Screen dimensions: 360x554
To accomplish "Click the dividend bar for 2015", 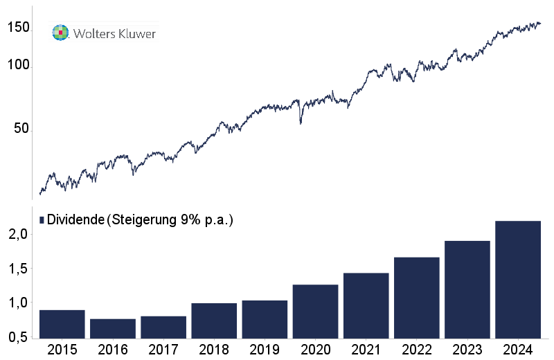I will click(62, 325).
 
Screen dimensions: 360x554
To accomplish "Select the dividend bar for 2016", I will click(112, 329).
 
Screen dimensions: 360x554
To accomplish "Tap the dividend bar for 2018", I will click(214, 321).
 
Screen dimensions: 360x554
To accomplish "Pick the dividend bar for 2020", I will click(315, 312).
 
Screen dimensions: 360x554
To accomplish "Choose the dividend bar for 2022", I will click(416, 298).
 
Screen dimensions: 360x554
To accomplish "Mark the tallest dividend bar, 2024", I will click(518, 280).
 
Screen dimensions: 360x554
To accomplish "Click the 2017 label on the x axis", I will click(163, 350).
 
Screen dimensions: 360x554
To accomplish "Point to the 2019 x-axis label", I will click(265, 350).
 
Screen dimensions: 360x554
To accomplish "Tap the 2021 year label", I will click(366, 350).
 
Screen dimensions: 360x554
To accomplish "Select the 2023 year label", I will click(467, 350).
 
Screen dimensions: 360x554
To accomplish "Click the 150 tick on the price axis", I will click(18, 28).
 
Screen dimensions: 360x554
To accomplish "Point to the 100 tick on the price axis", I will click(18, 66).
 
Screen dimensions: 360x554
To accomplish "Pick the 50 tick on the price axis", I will click(21, 129).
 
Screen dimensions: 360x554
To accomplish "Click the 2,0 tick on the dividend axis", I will click(18, 235).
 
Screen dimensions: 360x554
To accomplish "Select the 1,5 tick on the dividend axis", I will click(18, 269).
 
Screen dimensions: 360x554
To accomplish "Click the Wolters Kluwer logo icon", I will click(61, 33).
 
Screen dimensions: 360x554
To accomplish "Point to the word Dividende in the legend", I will click(75, 219).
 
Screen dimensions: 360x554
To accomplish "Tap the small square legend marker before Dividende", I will click(42, 219).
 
